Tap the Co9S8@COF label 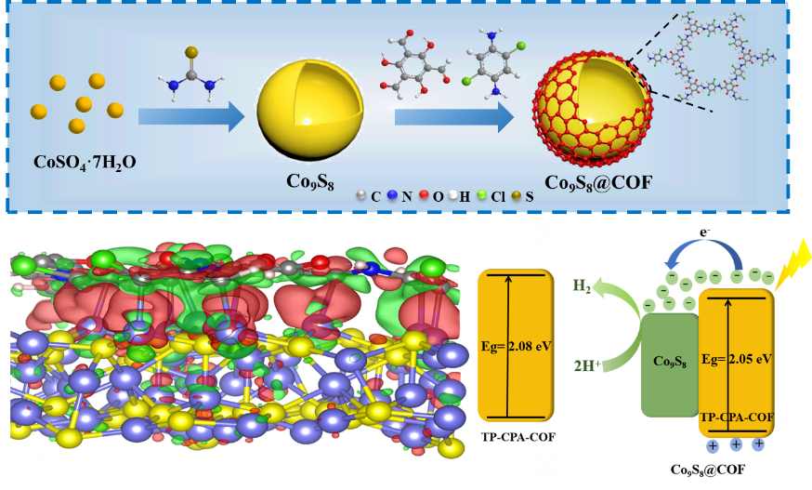click(x=585, y=181)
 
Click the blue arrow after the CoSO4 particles click(x=190, y=116)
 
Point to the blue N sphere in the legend click(x=393, y=197)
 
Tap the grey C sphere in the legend click(x=362, y=197)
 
